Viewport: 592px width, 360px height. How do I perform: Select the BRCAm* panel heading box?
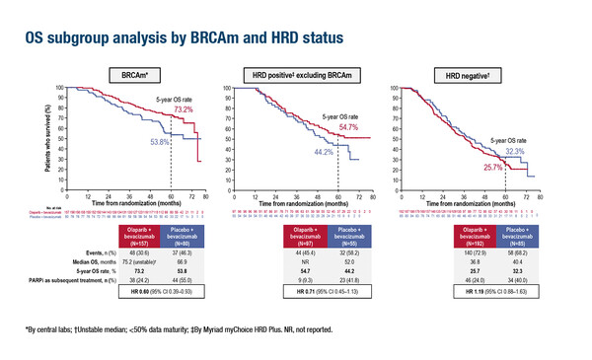coord(136,74)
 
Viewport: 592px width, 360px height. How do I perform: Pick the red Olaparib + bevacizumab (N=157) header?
coord(137,235)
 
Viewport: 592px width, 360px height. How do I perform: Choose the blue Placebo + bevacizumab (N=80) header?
coord(185,235)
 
